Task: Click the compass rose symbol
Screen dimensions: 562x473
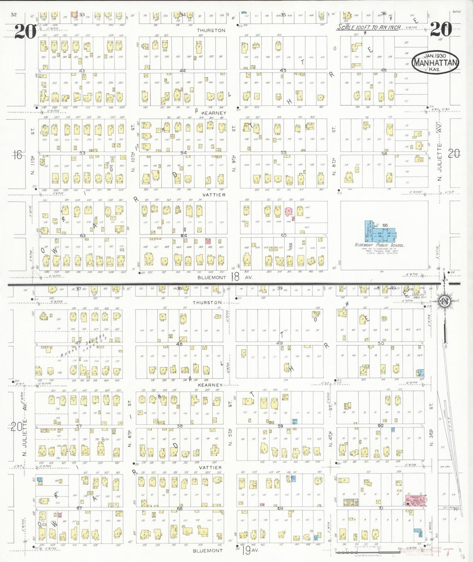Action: [444, 301]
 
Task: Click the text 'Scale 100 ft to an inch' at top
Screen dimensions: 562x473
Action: [369, 28]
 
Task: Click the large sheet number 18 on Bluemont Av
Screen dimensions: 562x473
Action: [235, 277]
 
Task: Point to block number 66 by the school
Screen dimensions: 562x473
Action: [385, 225]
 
